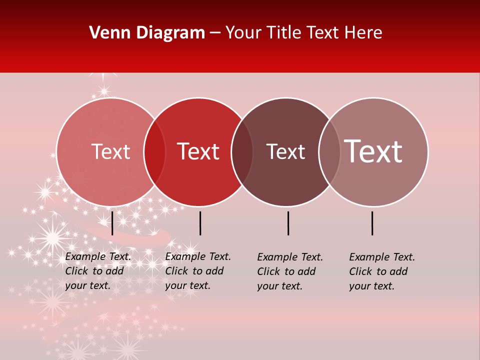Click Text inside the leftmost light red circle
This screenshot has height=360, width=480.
pos(110,152)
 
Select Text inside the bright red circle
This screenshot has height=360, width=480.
pos(198,152)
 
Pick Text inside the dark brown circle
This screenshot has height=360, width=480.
pos(285,152)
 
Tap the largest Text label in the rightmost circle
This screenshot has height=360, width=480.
pos(373,152)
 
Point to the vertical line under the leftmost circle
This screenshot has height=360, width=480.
pos(112,223)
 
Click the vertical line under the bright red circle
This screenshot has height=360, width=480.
pos(200,223)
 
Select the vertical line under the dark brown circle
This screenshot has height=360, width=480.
pos(288,223)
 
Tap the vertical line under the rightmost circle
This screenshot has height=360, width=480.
pos(372,223)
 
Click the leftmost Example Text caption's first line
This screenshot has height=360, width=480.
pos(98,256)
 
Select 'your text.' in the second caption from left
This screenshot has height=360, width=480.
pos(187,286)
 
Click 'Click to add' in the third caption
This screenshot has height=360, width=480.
pos(286,271)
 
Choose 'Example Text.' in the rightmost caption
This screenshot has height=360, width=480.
pos(382,257)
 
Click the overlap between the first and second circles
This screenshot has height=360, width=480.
pos(154,152)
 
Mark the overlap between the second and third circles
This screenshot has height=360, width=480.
pos(242,152)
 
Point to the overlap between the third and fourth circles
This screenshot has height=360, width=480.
pos(329,152)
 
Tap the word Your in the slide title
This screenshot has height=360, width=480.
pos(243,33)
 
